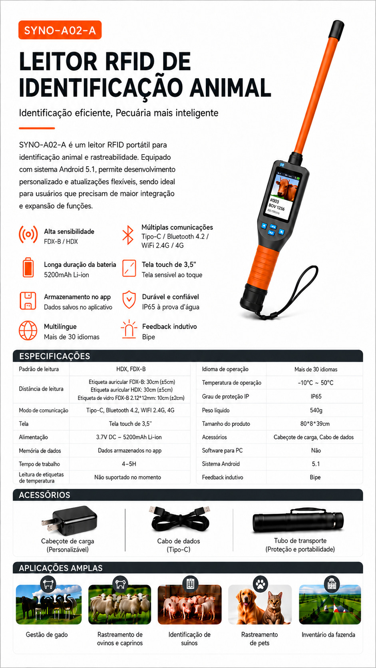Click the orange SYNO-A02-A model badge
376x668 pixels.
(x=60, y=30)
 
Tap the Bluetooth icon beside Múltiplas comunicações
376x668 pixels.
(x=128, y=235)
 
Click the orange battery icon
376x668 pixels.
(x=28, y=268)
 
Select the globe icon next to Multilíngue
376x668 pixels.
(x=28, y=330)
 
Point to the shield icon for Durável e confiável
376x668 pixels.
(x=129, y=299)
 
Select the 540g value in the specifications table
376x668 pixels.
(x=316, y=410)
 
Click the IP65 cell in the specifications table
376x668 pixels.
(x=316, y=396)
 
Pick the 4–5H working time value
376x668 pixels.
(x=129, y=464)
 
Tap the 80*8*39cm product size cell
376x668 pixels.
(x=315, y=424)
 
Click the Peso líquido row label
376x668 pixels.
(x=216, y=410)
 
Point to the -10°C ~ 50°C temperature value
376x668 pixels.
(x=316, y=383)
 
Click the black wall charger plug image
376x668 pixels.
(x=69, y=521)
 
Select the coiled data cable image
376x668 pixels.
(x=179, y=519)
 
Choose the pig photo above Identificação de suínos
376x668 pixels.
(x=190, y=604)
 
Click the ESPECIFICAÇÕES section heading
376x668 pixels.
(x=55, y=356)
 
